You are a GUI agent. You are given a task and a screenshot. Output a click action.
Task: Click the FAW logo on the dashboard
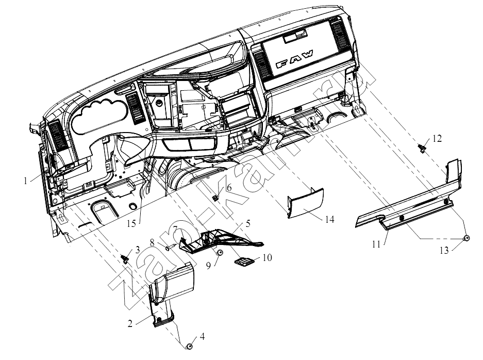[x=294, y=59]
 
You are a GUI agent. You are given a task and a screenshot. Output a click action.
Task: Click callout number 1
[x=26, y=181]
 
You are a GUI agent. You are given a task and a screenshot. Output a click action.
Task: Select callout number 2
[x=130, y=323]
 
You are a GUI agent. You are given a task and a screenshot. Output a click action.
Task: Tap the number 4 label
[x=202, y=336]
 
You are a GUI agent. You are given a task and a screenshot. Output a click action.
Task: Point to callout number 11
[x=376, y=244]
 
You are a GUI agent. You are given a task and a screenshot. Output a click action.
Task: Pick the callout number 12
[x=437, y=139]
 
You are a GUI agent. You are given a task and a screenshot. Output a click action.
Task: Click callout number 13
[x=444, y=251]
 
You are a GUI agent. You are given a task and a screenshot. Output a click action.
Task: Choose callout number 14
[x=329, y=219]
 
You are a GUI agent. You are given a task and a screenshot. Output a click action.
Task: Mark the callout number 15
[x=131, y=223]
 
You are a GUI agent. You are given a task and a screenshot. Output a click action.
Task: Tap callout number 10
[x=267, y=257]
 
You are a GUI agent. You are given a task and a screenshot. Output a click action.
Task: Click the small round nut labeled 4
[x=190, y=347]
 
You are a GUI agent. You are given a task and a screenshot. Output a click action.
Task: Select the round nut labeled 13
[x=467, y=238]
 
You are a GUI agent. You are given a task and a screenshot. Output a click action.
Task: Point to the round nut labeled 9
[x=219, y=253]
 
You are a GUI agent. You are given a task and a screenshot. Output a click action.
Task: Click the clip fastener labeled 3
[x=126, y=258]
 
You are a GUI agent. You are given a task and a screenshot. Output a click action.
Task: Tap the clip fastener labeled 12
[x=422, y=148]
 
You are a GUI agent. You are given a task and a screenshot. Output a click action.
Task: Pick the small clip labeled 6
[x=216, y=197]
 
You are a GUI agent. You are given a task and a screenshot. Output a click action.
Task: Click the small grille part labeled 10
[x=244, y=261]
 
